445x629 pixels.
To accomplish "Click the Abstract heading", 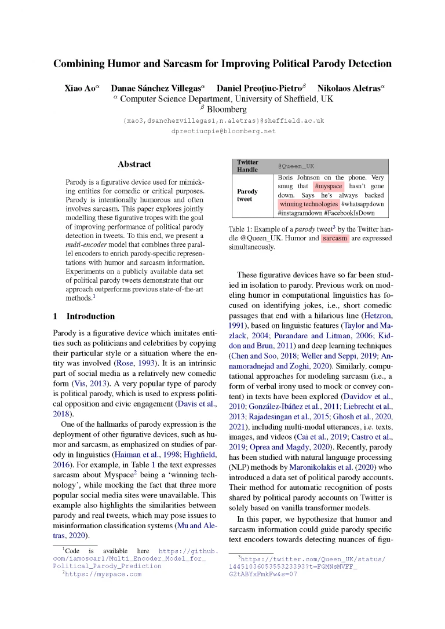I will click(134, 164).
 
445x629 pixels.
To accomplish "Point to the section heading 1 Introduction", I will click(84, 316).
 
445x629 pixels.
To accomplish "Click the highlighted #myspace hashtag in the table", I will click(329, 186).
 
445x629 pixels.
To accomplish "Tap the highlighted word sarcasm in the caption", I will click(335, 238).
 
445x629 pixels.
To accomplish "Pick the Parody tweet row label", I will click(247, 195).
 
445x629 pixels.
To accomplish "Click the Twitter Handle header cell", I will click(248, 166).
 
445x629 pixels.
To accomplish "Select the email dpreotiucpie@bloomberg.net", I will click(224, 131).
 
